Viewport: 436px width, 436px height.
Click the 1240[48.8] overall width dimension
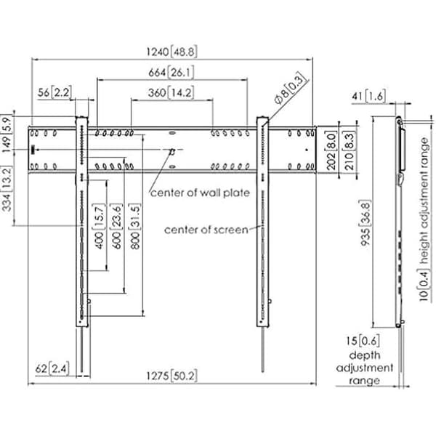171,52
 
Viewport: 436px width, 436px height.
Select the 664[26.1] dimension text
171,73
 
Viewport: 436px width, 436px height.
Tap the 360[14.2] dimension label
171,92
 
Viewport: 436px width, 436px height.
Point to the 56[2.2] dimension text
54,92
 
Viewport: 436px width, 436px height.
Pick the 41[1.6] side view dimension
369,97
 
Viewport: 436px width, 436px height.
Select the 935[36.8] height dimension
366,223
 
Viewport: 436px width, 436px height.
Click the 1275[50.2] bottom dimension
171,376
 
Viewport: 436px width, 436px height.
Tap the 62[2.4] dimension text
52,368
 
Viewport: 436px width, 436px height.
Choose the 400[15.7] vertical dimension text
100,226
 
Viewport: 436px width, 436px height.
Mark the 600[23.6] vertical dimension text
117,226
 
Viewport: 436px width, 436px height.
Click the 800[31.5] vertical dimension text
134,226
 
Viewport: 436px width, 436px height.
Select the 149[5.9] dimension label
7,133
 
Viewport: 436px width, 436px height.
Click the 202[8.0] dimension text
331,151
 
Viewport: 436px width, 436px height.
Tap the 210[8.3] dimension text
350,151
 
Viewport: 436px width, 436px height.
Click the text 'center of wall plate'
200,193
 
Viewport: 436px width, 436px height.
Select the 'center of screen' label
206,230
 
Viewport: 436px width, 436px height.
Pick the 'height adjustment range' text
425,201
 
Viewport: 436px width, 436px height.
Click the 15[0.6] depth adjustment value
363,341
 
